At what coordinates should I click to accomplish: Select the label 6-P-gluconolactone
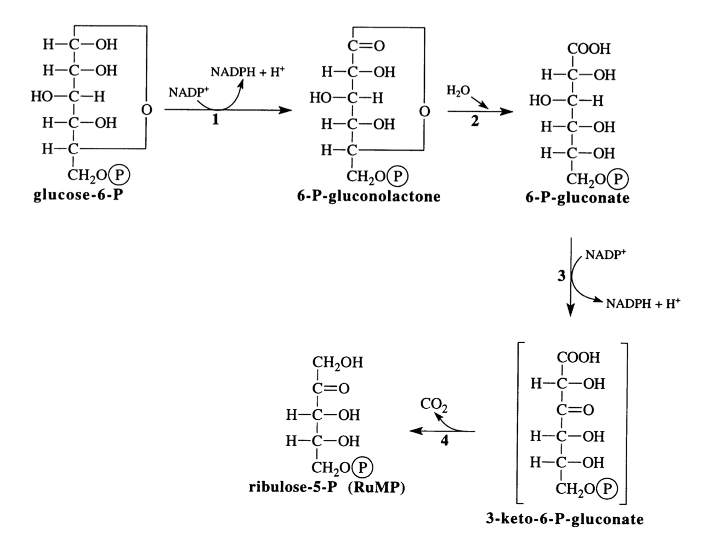click(x=368, y=196)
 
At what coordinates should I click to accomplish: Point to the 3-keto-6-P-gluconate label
click(x=565, y=518)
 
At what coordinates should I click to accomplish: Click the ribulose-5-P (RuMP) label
click(x=327, y=487)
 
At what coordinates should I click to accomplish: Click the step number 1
click(x=215, y=121)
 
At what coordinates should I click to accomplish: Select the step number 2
click(x=475, y=122)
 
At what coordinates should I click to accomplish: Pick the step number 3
click(x=561, y=276)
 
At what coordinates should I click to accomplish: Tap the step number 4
click(x=444, y=441)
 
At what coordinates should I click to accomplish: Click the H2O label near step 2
click(x=458, y=91)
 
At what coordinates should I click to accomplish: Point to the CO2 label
click(x=434, y=406)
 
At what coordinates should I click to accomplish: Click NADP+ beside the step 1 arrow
click(x=185, y=92)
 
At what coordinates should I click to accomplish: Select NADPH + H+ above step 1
click(x=247, y=72)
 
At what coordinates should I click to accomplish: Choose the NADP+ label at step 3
click(x=605, y=254)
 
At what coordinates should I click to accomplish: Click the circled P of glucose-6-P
click(x=119, y=175)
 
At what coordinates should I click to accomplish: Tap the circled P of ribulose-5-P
click(x=362, y=467)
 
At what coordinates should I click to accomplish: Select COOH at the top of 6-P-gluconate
click(x=589, y=49)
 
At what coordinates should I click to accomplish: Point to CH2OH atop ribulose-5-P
click(x=338, y=362)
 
